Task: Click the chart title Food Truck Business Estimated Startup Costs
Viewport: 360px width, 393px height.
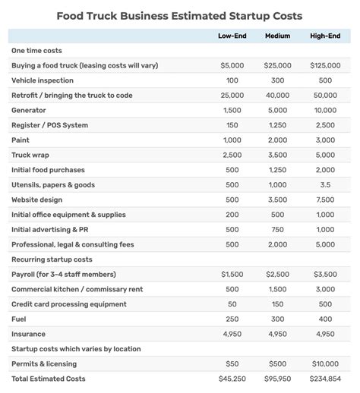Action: (179, 15)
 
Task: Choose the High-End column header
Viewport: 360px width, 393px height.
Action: (325, 36)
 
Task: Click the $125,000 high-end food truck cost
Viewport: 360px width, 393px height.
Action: (325, 65)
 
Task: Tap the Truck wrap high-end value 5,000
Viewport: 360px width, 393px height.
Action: (325, 155)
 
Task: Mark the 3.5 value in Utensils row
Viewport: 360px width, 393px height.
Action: (325, 184)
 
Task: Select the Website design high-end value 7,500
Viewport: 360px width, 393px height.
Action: (325, 200)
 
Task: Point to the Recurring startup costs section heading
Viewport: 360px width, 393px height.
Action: (52, 259)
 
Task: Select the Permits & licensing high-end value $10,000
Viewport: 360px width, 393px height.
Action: (325, 363)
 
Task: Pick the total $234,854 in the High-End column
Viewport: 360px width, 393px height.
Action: (325, 379)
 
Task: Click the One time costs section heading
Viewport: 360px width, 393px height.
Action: (36, 50)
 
